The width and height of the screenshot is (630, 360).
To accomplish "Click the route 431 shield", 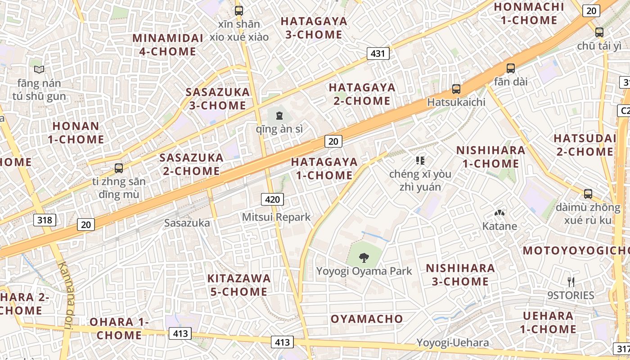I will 378,54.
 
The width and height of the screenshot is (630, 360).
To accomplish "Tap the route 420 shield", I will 273,199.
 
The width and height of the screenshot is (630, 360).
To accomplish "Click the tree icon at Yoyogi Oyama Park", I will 364,258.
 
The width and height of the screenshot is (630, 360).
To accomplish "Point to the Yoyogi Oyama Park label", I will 364,271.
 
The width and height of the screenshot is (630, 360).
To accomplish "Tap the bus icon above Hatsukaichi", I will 456,89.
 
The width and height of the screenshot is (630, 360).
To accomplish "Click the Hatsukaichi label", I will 456,102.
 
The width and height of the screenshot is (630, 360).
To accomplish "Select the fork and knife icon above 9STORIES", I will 571,282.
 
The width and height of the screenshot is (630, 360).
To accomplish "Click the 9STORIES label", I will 571,295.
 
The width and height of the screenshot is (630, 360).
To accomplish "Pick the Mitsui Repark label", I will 276,217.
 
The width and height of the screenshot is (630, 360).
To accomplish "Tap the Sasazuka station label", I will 187,223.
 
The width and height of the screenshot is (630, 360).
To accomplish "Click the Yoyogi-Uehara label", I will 452,343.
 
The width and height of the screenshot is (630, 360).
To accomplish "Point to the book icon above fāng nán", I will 39,70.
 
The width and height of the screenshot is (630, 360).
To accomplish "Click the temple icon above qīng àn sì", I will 279,116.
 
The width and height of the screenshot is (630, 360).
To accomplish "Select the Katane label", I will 499,226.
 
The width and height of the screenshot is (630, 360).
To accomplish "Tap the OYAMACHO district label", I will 367,319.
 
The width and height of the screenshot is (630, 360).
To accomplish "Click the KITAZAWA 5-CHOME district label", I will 239,285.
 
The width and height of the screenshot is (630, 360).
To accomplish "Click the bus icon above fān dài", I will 510,68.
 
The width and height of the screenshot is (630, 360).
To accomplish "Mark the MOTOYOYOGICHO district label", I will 576,251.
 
